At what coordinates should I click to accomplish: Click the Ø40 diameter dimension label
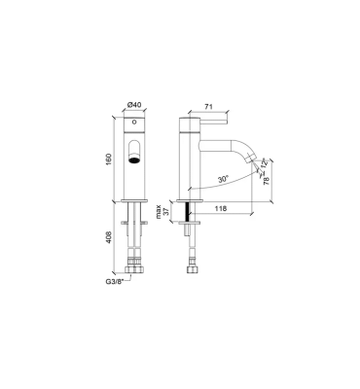click(x=134, y=105)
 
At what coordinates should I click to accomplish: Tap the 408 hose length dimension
click(x=109, y=238)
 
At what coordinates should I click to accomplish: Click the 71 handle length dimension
click(x=209, y=106)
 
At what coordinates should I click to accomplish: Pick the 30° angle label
click(x=223, y=179)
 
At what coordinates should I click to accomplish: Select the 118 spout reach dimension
click(x=221, y=208)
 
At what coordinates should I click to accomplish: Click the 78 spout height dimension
click(x=267, y=181)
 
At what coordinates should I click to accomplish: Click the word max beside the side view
click(x=159, y=211)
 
